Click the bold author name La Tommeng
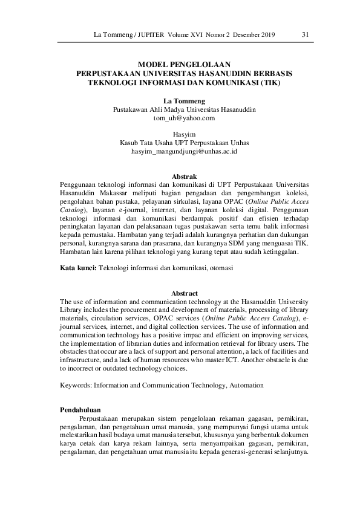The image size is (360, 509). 185,101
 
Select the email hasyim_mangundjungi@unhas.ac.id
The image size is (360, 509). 185,151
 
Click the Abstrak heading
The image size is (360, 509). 185,176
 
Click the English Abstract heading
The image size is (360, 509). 185,293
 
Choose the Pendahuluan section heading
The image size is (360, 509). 85,410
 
